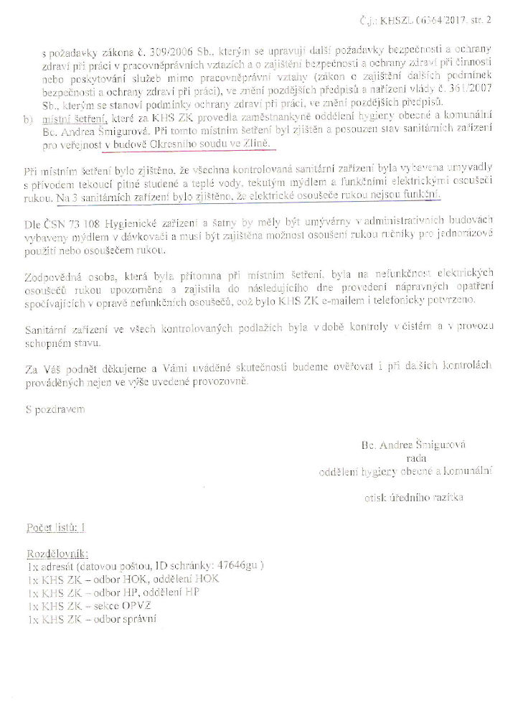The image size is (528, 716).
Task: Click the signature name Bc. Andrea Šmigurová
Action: click(x=413, y=445)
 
